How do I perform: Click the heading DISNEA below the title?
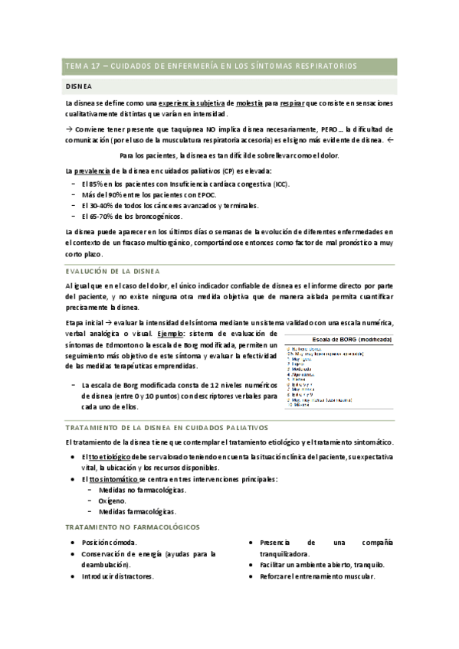78,86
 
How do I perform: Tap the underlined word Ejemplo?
172,334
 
